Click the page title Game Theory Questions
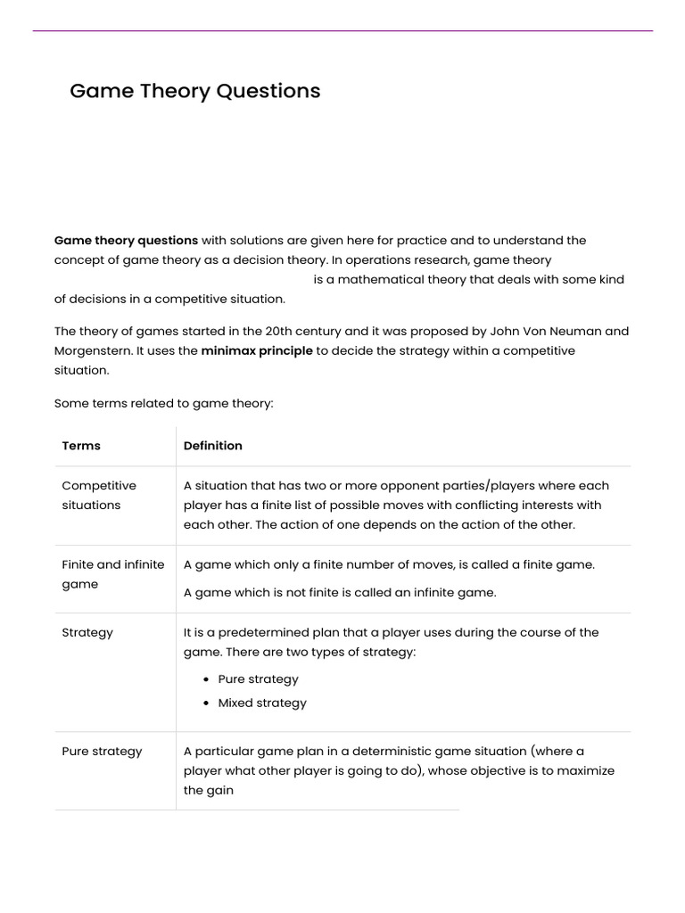coord(194,91)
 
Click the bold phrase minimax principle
coord(257,350)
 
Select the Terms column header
coord(81,446)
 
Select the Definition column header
coord(212,446)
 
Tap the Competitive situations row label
coord(99,496)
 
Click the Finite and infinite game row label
coord(112,574)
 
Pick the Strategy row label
coord(87,632)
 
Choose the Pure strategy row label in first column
coord(102,751)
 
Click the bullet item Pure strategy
coord(258,679)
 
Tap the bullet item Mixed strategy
coord(261,703)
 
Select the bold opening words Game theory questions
coord(126,240)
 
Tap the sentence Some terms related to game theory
coord(163,403)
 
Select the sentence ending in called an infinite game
coord(340,592)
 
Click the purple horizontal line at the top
coord(342,31)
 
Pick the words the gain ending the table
coord(208,790)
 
